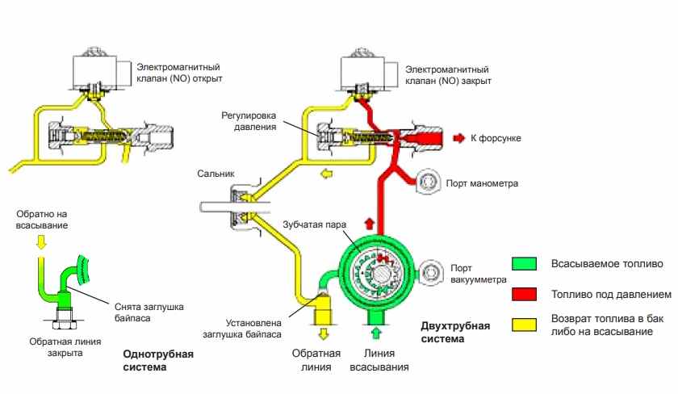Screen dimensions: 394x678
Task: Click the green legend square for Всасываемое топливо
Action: [525, 264]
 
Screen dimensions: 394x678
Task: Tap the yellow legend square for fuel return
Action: [525, 325]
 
